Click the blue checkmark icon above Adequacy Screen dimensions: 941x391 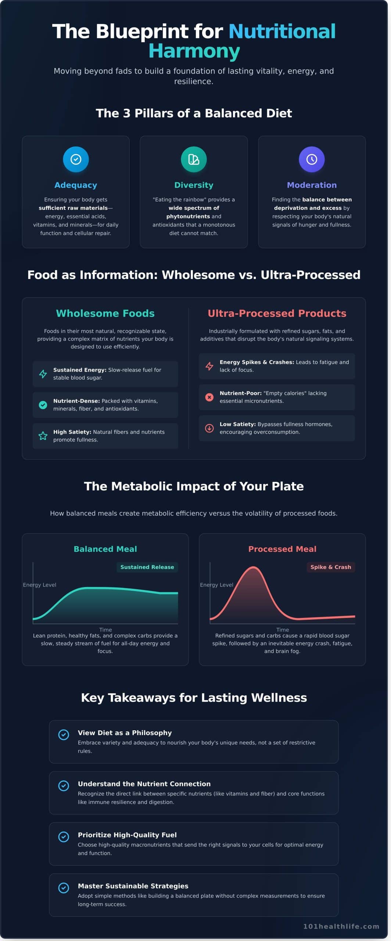click(76, 159)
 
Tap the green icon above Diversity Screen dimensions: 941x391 click(194, 159)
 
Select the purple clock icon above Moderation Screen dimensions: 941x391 click(312, 159)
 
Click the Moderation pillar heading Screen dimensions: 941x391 click(312, 185)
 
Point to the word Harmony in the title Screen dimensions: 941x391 click(194, 51)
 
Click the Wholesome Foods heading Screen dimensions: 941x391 click(105, 313)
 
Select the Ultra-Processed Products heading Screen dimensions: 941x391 click(277, 313)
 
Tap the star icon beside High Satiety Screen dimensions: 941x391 click(43, 436)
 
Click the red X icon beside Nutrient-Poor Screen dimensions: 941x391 click(209, 397)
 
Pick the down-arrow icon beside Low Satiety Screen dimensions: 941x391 click(209, 428)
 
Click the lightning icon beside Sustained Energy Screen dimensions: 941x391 click(43, 374)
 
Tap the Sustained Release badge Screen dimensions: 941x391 click(147, 567)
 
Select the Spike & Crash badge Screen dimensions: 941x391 click(330, 567)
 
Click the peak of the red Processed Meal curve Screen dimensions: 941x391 click(254, 568)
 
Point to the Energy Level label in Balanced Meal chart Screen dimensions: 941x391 click(40, 585)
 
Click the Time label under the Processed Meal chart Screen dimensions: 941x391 click(282, 630)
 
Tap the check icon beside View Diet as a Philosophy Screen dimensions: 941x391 click(64, 734)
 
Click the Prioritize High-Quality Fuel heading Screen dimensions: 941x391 click(127, 835)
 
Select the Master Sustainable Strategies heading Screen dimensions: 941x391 click(133, 886)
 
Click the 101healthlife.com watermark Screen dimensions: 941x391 click(341, 926)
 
